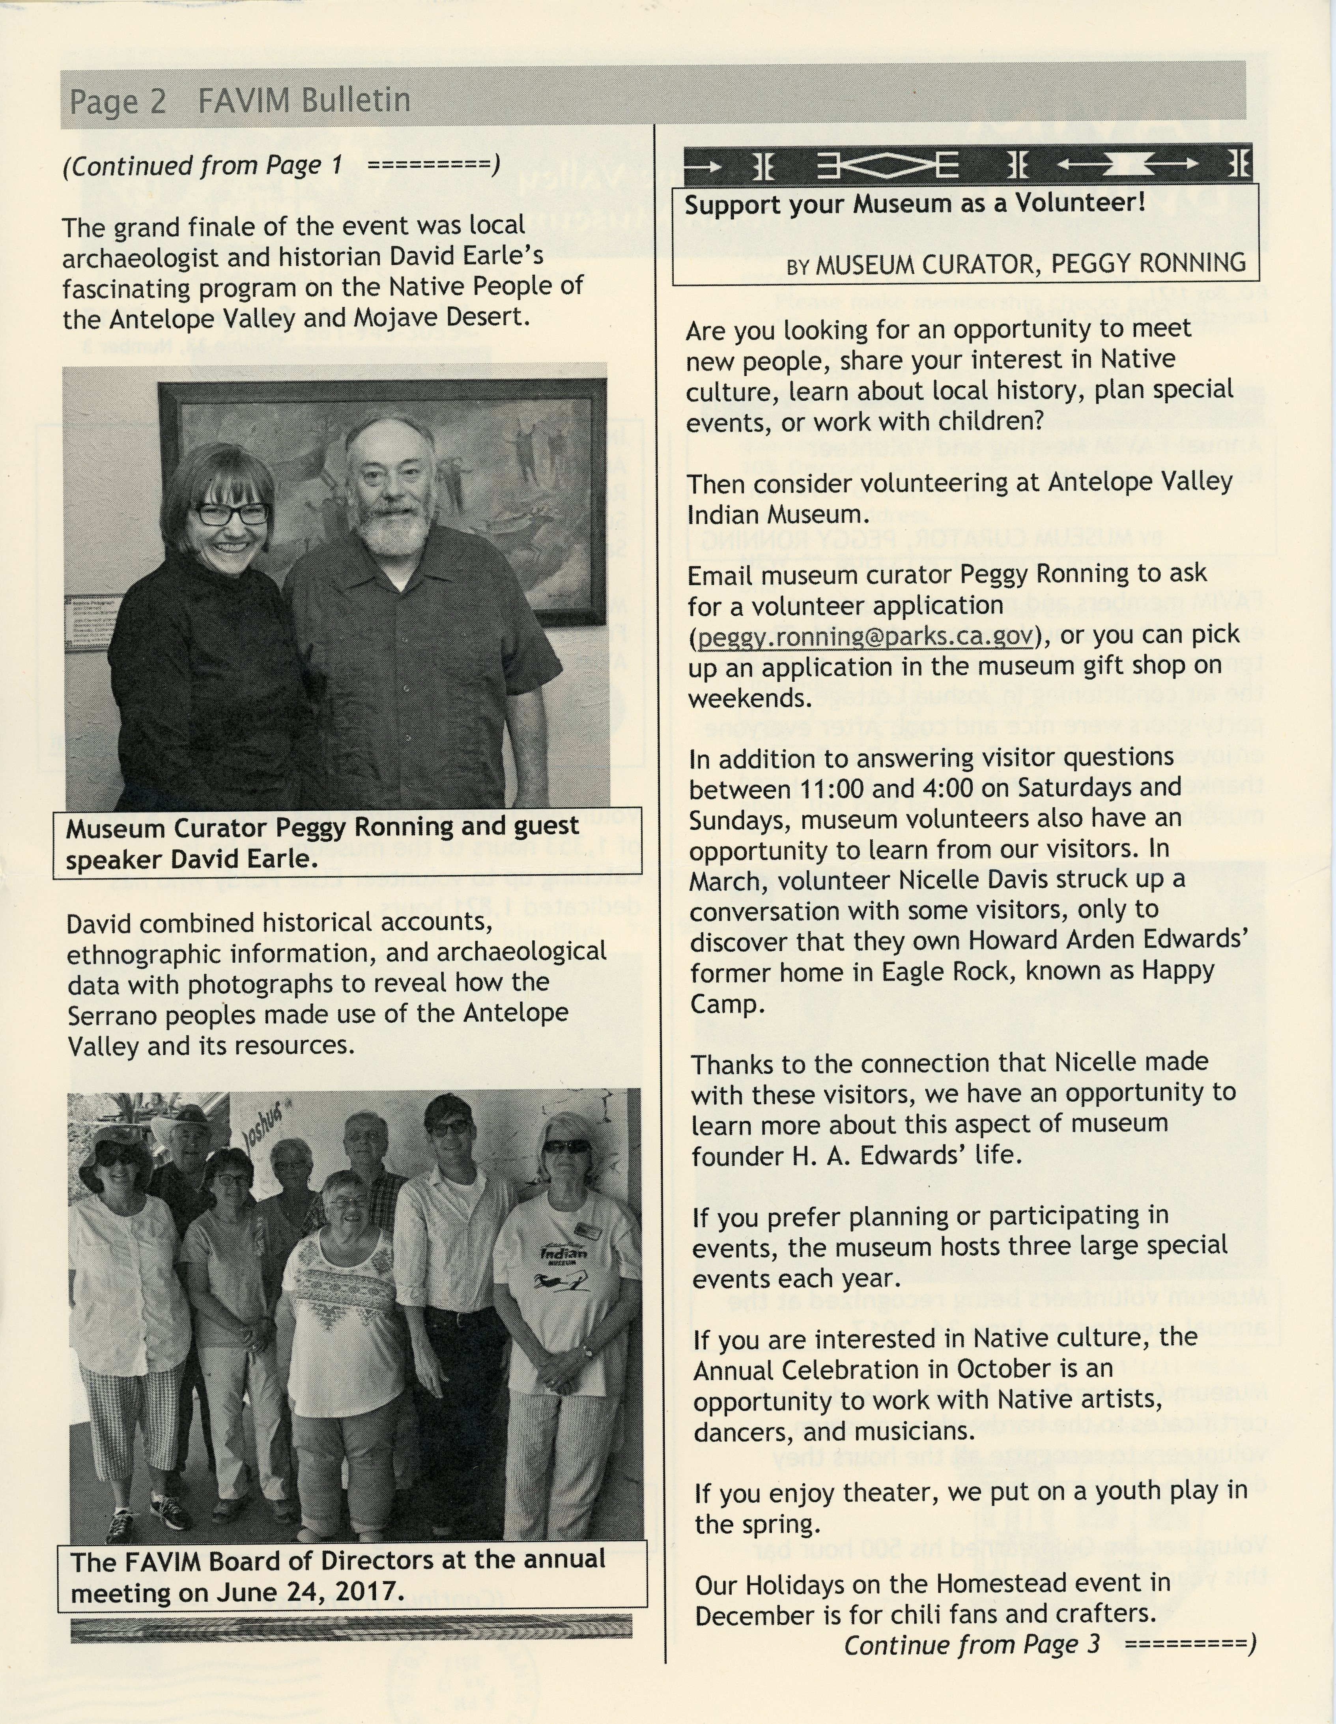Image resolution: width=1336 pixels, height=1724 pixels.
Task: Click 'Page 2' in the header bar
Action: coord(118,101)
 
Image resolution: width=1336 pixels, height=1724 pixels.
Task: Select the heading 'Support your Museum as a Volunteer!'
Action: coord(914,204)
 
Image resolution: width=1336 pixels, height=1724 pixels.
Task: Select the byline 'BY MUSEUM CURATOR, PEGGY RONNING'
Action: coord(1016,263)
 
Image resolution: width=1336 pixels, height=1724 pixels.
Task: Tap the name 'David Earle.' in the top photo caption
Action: coord(244,859)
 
